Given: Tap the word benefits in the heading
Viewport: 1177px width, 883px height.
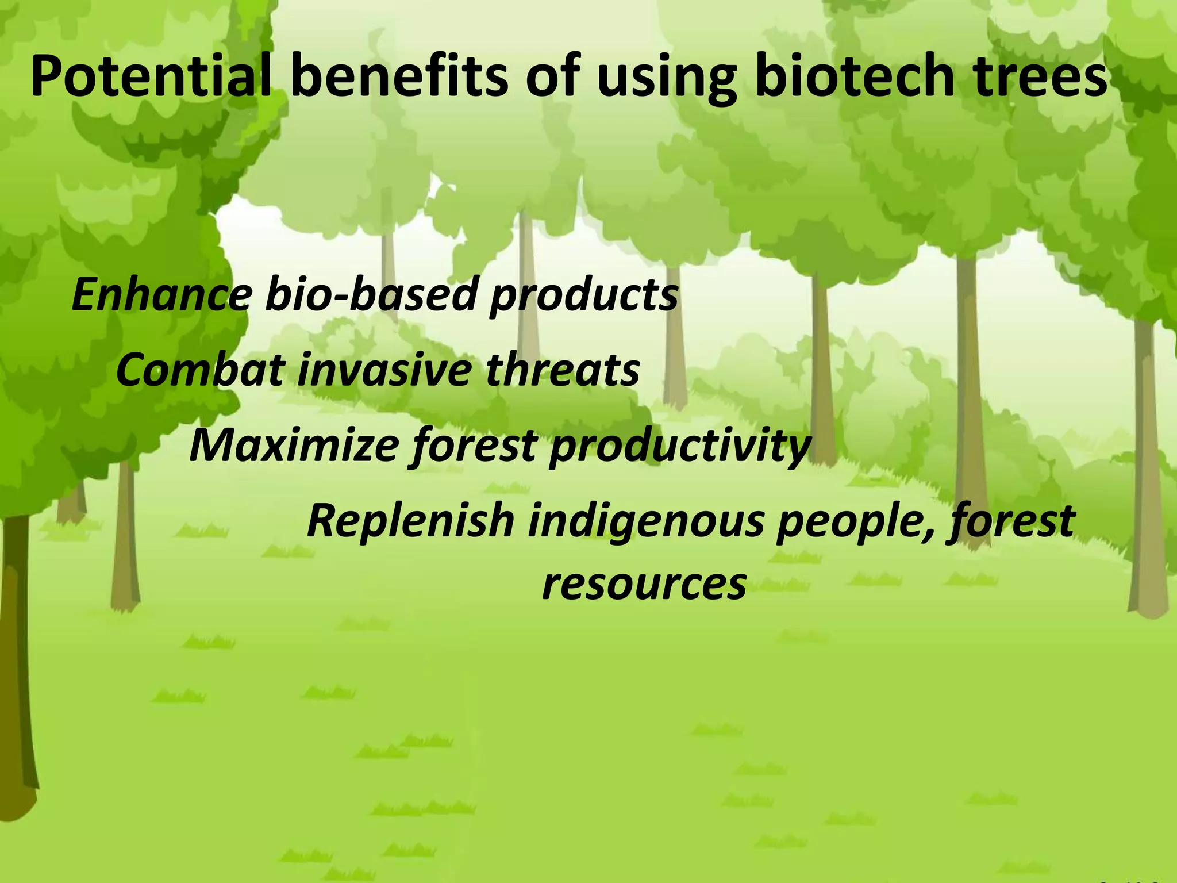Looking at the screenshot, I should (x=400, y=78).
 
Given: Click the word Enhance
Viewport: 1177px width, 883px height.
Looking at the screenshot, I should (x=161, y=294).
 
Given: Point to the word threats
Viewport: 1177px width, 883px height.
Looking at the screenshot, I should (x=563, y=369).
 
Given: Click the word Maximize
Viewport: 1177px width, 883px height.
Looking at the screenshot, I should (x=293, y=446).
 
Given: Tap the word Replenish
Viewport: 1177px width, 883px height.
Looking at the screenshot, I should (x=410, y=520).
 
